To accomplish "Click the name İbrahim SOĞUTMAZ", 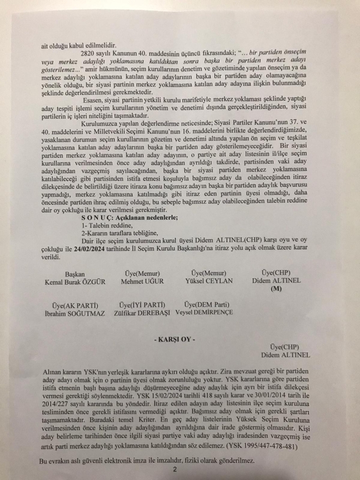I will pyautogui.click(x=71, y=313).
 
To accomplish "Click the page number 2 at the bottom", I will pyautogui.click(x=175, y=469).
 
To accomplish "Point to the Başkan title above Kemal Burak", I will pyautogui.click(x=75, y=274).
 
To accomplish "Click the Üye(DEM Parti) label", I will pyautogui.click(x=208, y=305).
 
